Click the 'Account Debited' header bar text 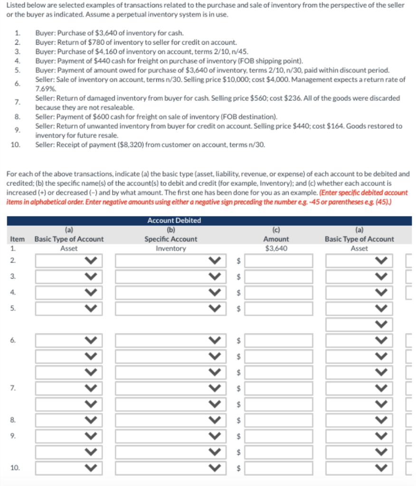coord(174,220)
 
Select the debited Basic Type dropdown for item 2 coord(69,260)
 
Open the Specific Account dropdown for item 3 coord(169,276)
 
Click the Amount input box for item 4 coord(279,292)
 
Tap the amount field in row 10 coord(279,468)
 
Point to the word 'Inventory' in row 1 coord(171,248)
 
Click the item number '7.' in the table coord(13,388)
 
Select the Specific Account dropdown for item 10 coord(169,468)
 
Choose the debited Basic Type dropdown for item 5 coord(69,308)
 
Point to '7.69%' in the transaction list coord(46,88)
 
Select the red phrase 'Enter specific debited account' coord(364,192)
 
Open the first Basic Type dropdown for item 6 coord(69,340)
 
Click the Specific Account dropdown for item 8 coord(169,420)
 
